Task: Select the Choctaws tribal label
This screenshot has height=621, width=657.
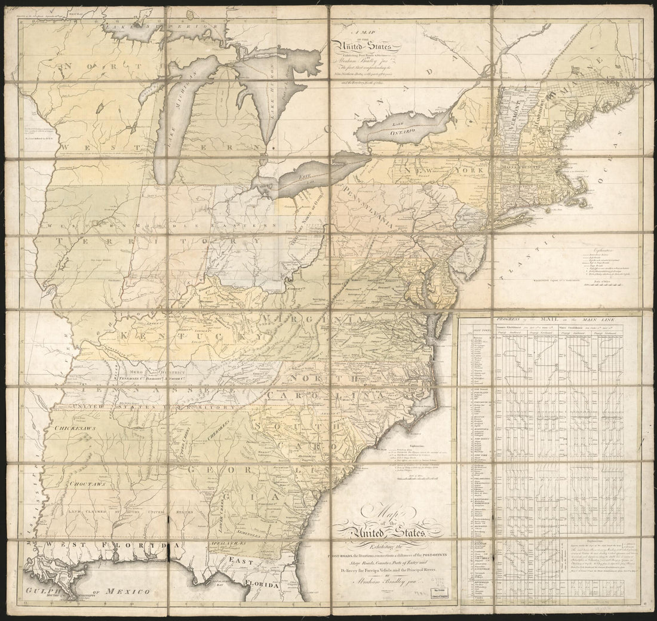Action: tap(88, 484)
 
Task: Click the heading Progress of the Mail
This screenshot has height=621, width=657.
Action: tap(547, 320)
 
